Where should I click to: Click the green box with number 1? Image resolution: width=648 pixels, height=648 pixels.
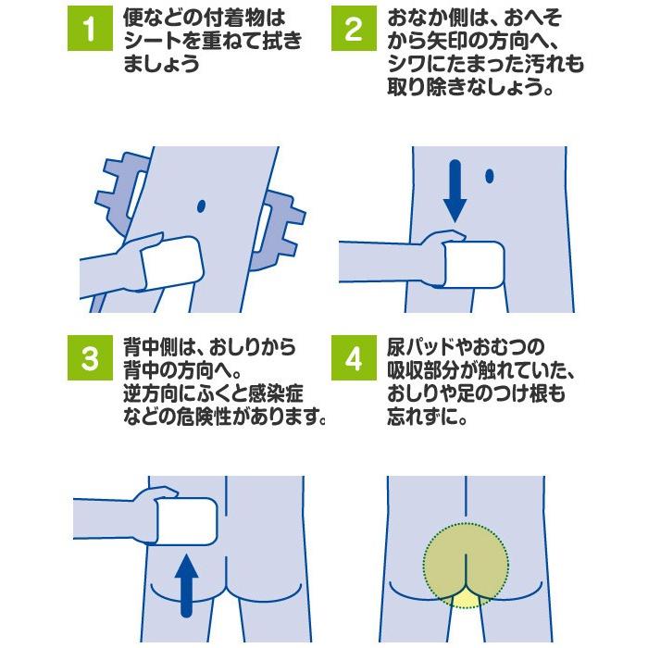tap(90, 29)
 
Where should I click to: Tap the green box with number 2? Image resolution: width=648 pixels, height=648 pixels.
tap(354, 29)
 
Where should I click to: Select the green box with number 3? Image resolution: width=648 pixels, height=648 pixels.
tap(90, 358)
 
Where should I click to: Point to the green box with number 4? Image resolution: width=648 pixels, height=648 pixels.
tap(354, 358)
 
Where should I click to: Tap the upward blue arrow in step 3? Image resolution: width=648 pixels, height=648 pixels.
tap(187, 583)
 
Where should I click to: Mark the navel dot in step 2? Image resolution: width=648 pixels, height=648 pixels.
tap(490, 175)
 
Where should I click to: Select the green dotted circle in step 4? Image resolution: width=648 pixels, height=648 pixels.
tap(466, 565)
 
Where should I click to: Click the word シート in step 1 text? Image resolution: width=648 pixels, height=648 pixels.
tap(152, 43)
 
